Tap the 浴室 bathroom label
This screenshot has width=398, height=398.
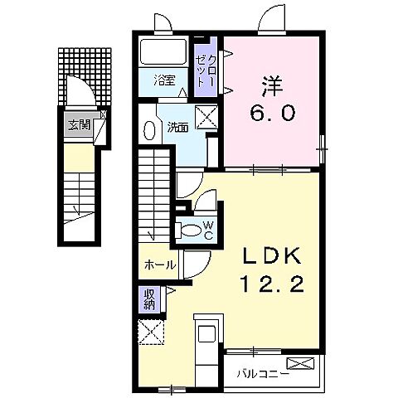pyautogui.click(x=166, y=80)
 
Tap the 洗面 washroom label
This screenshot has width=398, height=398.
pyautogui.click(x=176, y=127)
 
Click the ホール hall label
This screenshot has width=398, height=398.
pyautogui.click(x=159, y=265)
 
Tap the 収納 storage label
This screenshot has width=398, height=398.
pyautogui.click(x=149, y=298)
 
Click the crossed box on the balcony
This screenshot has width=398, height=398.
pyautogui.click(x=302, y=362)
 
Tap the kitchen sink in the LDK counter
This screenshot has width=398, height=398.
pyautogui.click(x=206, y=334)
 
